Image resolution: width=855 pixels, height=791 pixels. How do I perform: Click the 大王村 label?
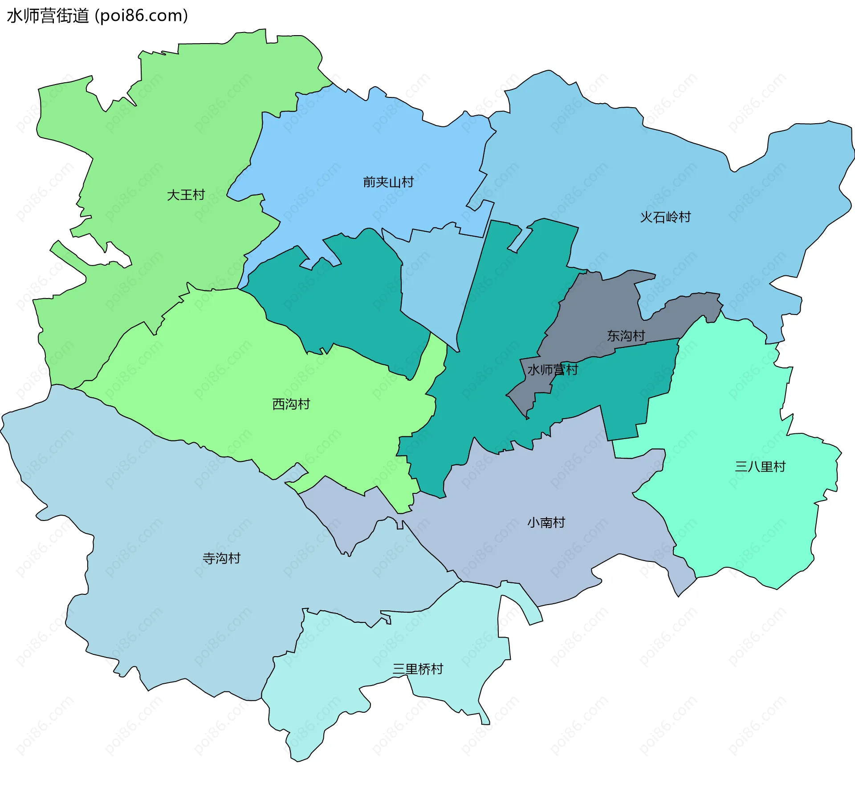click(x=186, y=195)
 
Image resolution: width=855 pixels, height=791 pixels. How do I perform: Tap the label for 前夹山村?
click(x=388, y=182)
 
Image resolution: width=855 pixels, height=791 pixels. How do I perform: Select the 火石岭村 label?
click(x=665, y=217)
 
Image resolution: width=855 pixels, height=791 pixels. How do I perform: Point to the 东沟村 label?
click(x=626, y=336)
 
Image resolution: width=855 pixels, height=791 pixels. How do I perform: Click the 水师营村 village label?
click(x=552, y=370)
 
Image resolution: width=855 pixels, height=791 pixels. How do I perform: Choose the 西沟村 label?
click(x=291, y=404)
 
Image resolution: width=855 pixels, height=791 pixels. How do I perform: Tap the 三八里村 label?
click(x=760, y=467)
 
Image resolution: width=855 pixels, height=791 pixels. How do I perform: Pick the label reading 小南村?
click(x=546, y=522)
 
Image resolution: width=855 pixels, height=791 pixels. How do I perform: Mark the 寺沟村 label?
click(x=221, y=558)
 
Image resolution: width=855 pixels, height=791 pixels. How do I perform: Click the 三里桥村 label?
click(x=418, y=669)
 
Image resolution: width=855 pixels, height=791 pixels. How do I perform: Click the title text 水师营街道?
click(x=48, y=16)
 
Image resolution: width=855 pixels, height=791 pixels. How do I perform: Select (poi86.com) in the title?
click(x=141, y=16)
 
